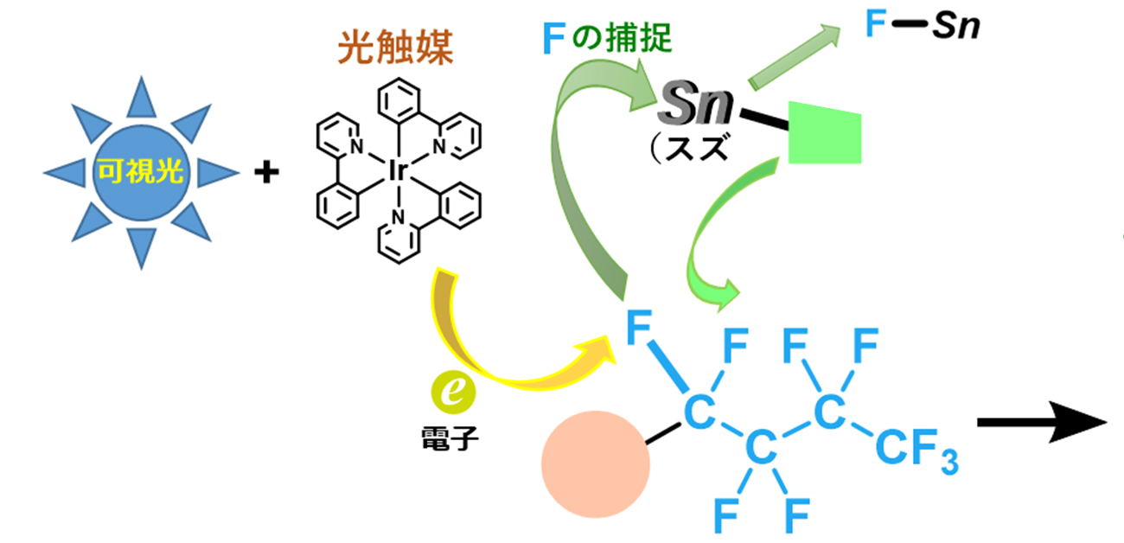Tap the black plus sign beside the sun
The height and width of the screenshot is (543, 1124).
267,174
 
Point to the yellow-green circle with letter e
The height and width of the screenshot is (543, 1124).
453,393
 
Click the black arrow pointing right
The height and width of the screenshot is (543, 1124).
1041,425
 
